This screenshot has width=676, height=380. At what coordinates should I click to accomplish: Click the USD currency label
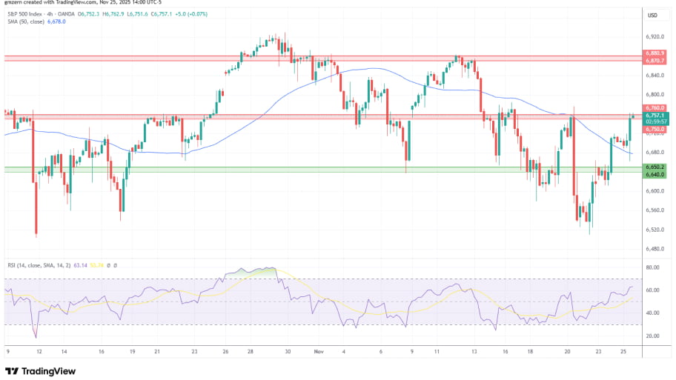[x=653, y=15]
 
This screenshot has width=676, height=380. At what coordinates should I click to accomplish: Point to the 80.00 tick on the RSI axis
[x=653, y=267]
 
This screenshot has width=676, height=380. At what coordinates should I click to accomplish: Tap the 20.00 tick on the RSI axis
[x=653, y=336]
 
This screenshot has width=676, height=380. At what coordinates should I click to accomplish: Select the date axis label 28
[x=251, y=353]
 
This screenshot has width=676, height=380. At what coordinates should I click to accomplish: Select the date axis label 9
[x=7, y=353]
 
